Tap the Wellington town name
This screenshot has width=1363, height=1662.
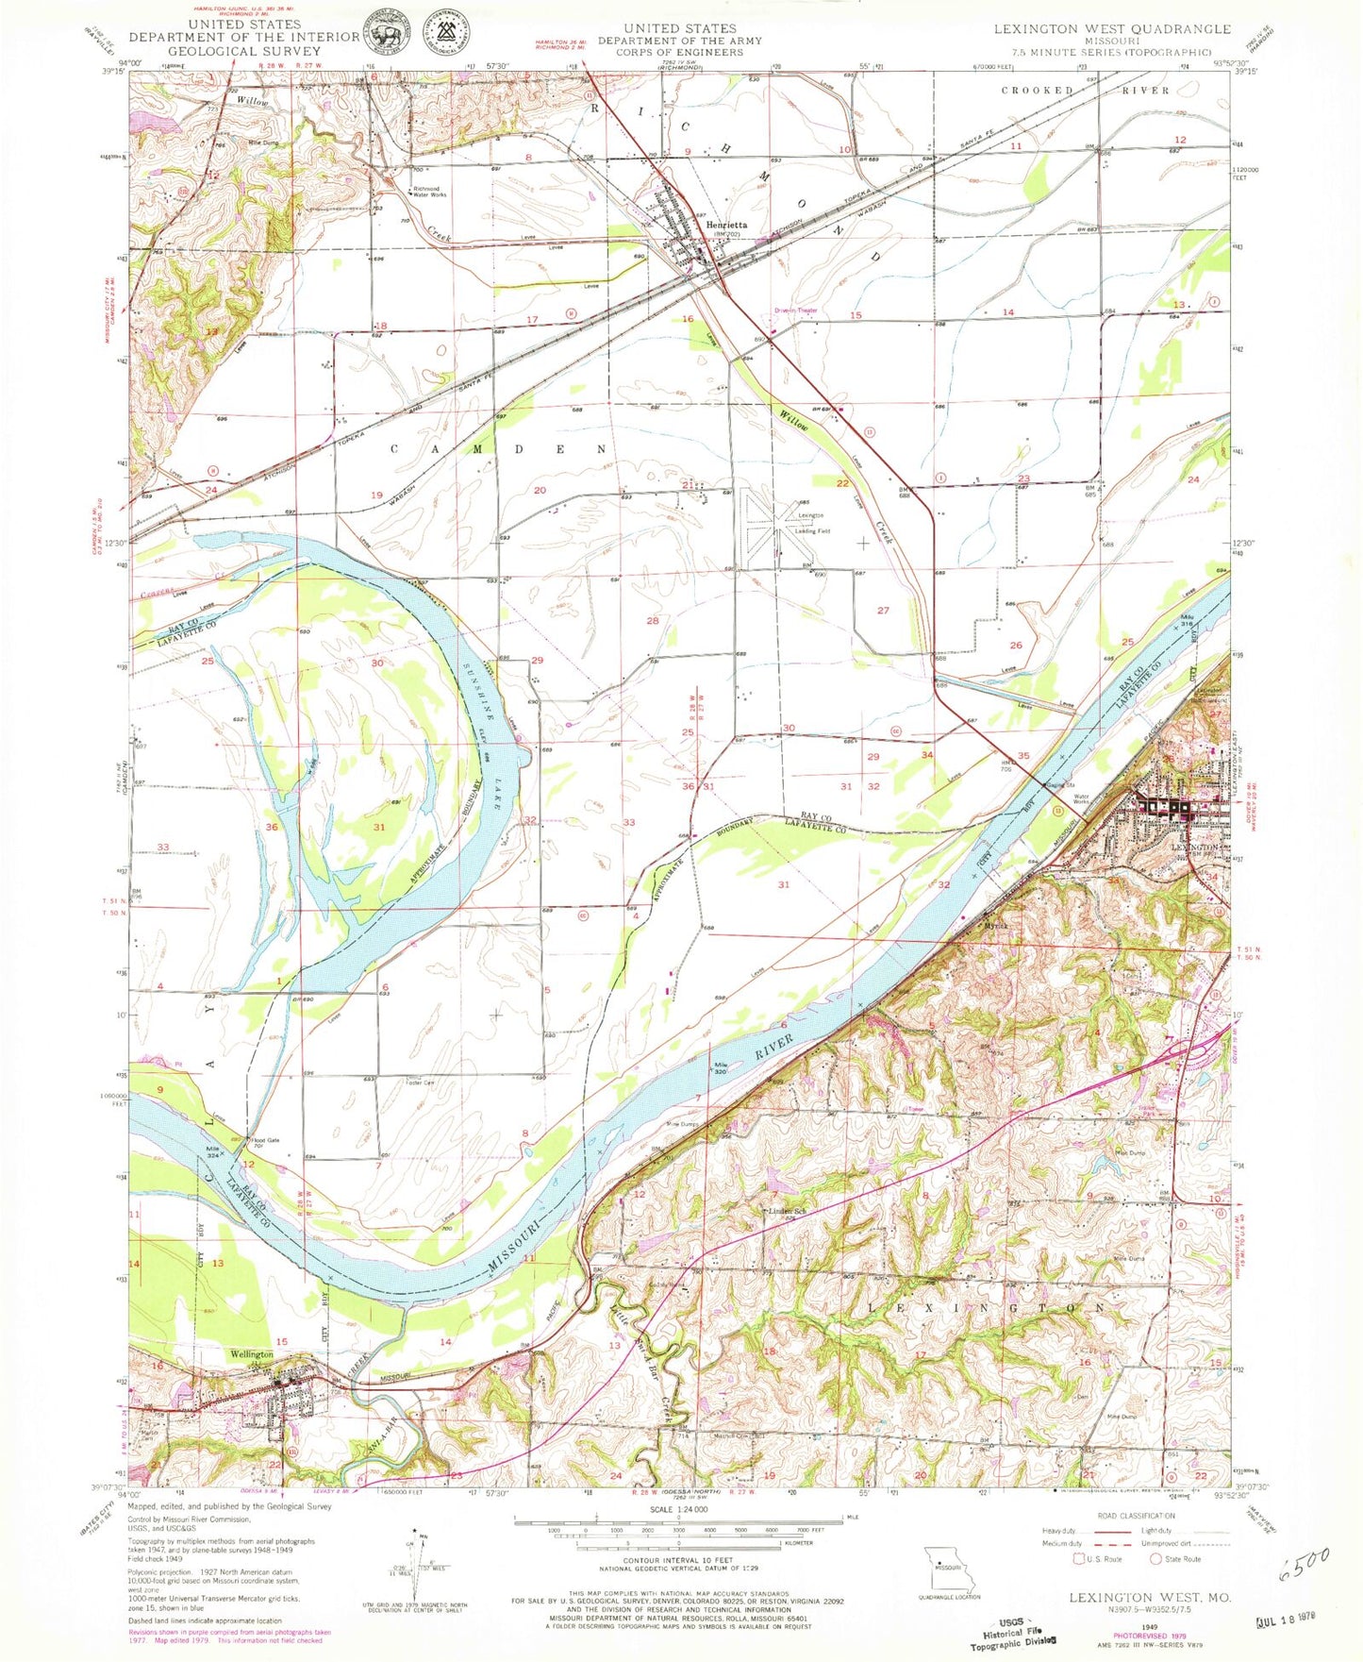click(x=252, y=1354)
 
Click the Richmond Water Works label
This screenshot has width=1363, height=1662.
click(x=429, y=192)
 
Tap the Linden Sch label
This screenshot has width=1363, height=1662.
click(x=788, y=1211)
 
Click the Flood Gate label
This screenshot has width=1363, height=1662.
click(x=265, y=1140)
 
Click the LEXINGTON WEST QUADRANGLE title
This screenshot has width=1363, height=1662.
click(x=1111, y=29)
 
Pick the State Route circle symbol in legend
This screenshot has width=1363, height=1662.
click(x=1155, y=1558)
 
